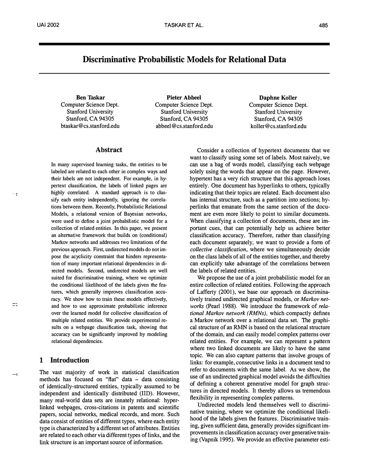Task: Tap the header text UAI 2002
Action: [48, 25]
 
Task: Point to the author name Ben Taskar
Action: [90, 98]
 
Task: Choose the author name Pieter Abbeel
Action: [184, 98]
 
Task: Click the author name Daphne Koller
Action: [278, 98]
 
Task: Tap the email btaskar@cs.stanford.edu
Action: [90, 126]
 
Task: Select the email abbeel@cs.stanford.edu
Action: [184, 126]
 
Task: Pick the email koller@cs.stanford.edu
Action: [278, 126]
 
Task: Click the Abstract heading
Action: [109, 150]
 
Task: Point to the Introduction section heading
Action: [70, 360]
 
